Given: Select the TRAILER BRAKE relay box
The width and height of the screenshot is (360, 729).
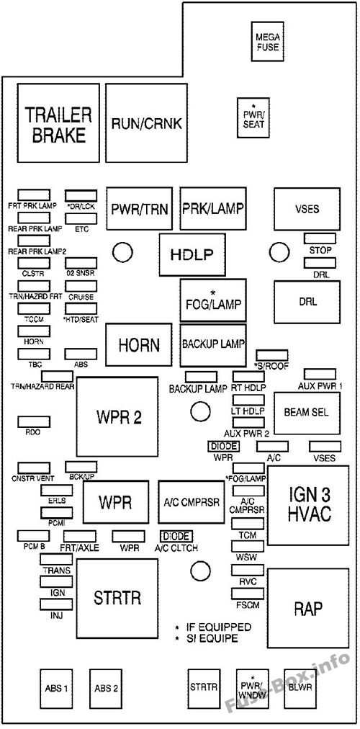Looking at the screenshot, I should click(58, 124).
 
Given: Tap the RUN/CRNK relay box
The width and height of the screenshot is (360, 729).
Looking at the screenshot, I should click(140, 124).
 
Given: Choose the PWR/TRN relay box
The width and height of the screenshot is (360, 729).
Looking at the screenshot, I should click(140, 210).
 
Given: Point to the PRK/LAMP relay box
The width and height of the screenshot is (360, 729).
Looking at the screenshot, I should click(212, 210).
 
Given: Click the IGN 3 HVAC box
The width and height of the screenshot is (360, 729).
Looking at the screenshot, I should click(309, 505).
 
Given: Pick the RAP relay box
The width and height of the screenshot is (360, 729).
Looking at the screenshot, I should click(308, 609).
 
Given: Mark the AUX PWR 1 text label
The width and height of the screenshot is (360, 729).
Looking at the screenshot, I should click(323, 386).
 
